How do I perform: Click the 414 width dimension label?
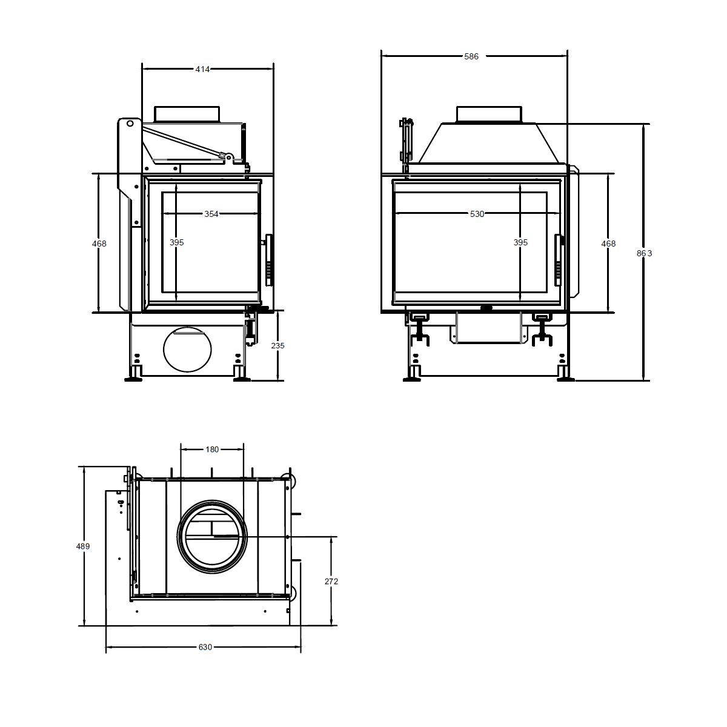(202, 69)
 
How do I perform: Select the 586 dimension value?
(471, 56)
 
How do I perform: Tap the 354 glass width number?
(211, 214)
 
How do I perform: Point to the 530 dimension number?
(477, 214)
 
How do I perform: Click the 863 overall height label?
(645, 253)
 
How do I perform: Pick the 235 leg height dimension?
(277, 345)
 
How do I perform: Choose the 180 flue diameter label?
(212, 450)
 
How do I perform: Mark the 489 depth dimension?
(83, 546)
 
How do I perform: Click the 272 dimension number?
(331, 582)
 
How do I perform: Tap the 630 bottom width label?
(205, 647)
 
